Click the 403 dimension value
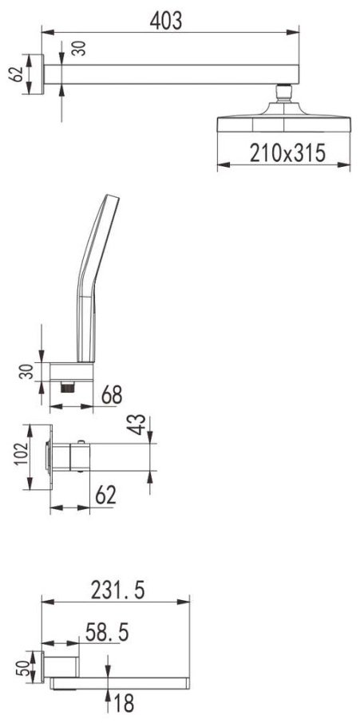[166, 22]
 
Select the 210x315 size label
[287, 153]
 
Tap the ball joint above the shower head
[283, 93]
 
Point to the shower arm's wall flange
[42, 74]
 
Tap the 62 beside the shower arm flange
[17, 74]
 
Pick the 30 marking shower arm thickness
[79, 49]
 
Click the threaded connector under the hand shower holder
[68, 387]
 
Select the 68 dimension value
[112, 395]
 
